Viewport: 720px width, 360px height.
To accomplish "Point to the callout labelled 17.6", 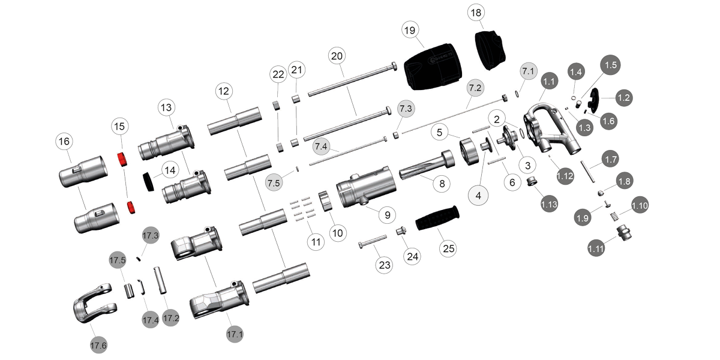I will click(98, 345).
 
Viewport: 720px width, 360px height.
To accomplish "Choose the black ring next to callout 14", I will click(148, 180).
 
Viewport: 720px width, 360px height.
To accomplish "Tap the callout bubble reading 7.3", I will click(406, 109).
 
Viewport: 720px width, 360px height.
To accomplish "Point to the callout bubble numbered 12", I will click(224, 92).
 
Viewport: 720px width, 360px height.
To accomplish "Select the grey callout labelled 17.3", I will click(150, 235).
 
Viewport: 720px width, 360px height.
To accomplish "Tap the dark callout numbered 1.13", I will click(549, 204).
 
